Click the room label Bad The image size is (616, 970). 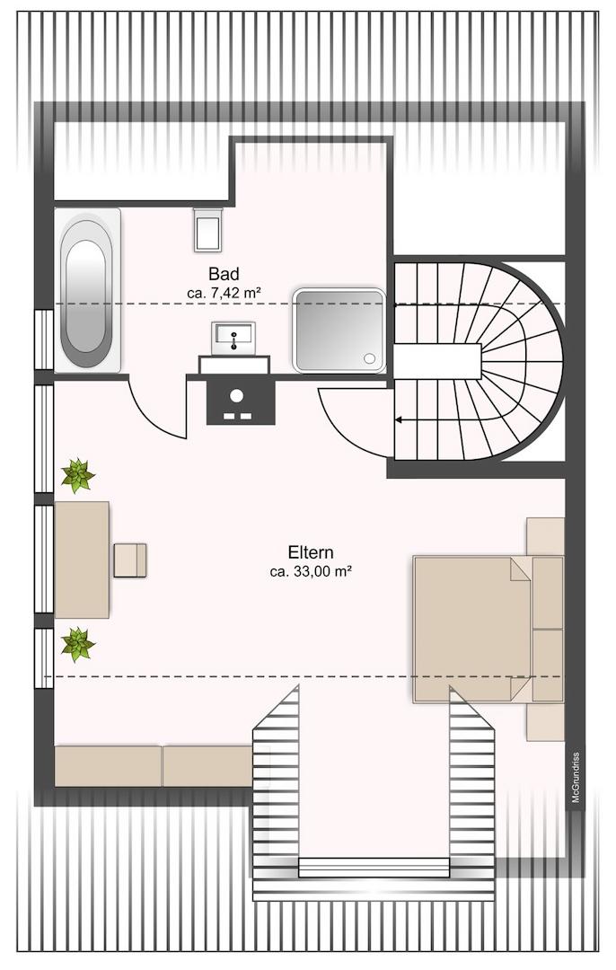pyautogui.click(x=224, y=273)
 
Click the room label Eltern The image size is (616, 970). pyautogui.click(x=311, y=551)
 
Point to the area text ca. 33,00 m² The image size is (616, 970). pyautogui.click(x=311, y=572)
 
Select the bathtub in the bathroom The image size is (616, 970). pyautogui.click(x=87, y=290)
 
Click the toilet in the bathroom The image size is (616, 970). pyautogui.click(x=207, y=229)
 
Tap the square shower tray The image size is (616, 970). pyautogui.click(x=339, y=331)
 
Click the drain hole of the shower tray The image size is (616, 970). pyautogui.click(x=370, y=358)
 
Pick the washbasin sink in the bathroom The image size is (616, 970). pyautogui.click(x=233, y=339)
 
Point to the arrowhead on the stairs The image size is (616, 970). pyautogui.click(x=399, y=420)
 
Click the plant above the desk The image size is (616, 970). pyautogui.click(x=78, y=475)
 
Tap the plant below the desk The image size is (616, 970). pyautogui.click(x=78, y=644)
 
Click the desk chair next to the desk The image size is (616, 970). pyautogui.click(x=130, y=560)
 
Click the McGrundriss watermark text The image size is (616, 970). pyautogui.click(x=576, y=777)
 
